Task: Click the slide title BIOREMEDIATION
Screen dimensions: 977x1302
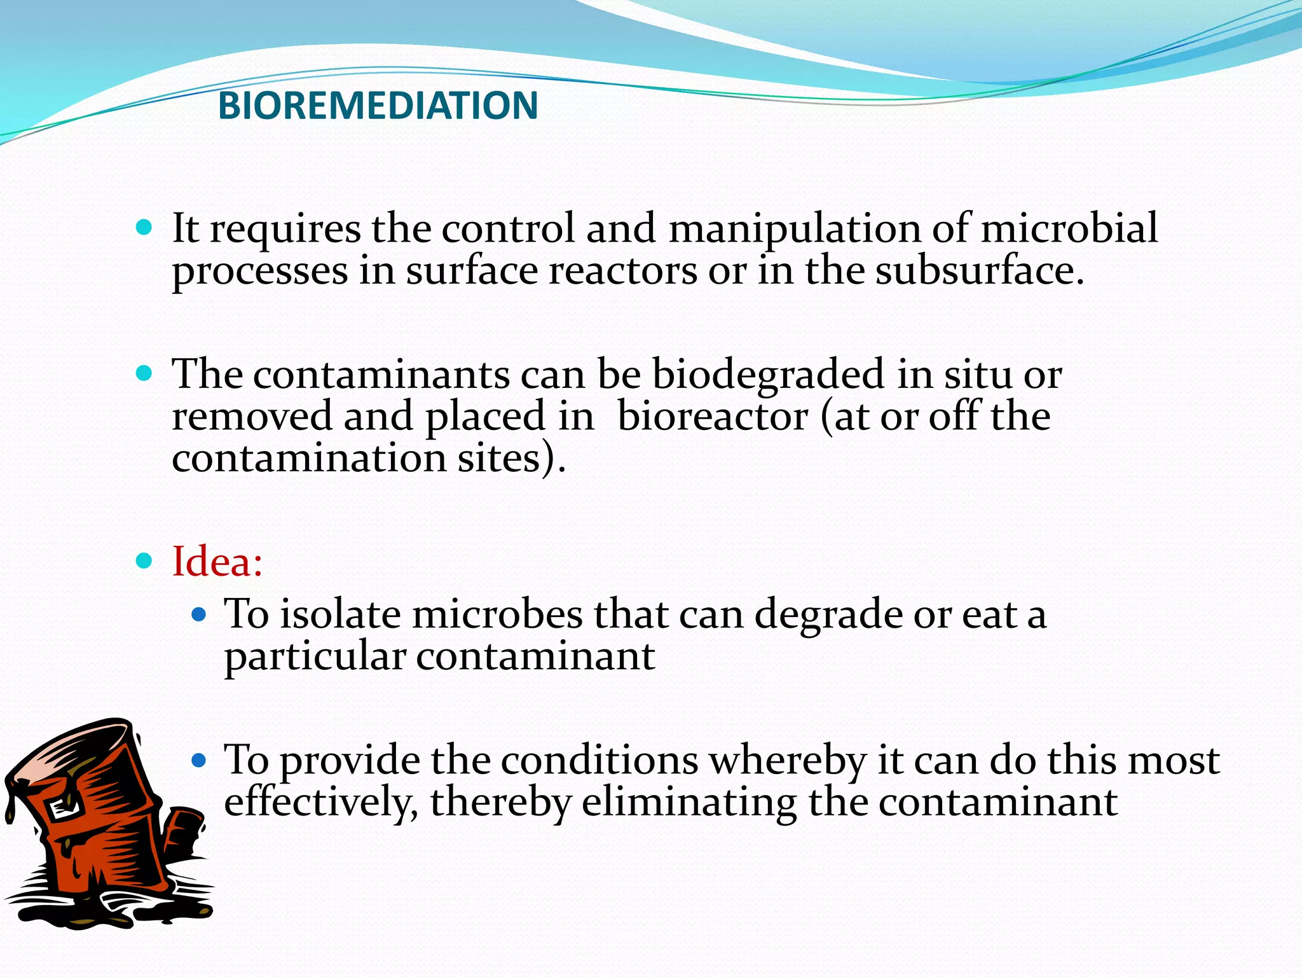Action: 378,106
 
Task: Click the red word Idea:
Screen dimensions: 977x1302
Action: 217,562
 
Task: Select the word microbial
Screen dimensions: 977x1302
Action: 1069,228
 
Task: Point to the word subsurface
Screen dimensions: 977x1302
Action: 979,270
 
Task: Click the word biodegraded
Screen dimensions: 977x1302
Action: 769,374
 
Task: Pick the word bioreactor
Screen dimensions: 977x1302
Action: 713,416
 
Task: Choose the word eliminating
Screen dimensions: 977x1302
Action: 689,802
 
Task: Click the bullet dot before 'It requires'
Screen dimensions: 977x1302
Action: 144,227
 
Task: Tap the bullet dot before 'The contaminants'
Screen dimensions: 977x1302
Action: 144,373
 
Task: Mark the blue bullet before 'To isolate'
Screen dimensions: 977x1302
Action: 199,614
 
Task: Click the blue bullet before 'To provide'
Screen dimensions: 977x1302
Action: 199,760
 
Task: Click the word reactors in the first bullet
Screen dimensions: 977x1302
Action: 622,270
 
